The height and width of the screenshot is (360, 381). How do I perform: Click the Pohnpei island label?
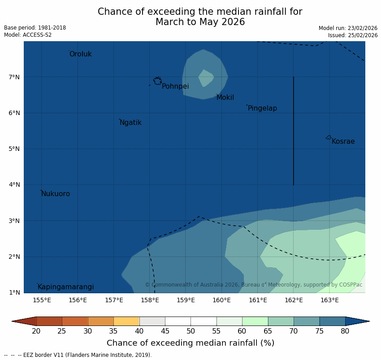[x=175, y=86]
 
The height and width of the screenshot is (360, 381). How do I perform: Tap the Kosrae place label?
[x=343, y=141]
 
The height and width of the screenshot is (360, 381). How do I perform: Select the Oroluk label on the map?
[x=81, y=54]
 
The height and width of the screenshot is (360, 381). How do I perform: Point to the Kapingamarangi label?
[x=66, y=287]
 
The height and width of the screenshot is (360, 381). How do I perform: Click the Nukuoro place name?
[x=56, y=194]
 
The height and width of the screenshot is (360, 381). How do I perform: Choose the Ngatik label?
[x=130, y=123]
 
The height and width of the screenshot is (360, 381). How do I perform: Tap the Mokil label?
[x=225, y=98]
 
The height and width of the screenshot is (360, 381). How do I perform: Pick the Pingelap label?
[x=262, y=108]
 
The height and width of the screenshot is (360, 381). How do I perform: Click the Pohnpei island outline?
[x=157, y=81]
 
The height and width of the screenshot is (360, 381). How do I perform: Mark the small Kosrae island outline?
[x=329, y=137]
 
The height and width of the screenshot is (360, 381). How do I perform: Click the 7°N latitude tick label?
[x=14, y=77]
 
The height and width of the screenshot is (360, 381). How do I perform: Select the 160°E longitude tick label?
[x=221, y=300]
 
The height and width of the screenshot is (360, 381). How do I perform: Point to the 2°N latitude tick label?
[x=14, y=257]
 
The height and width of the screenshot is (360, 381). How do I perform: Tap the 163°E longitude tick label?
[x=329, y=300]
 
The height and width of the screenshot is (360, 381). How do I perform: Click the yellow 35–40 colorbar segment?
[x=126, y=321]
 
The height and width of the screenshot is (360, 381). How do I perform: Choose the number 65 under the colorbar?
[x=268, y=331]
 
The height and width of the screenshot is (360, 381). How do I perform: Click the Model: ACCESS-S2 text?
[x=28, y=35]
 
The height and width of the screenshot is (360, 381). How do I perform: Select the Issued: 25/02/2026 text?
[x=352, y=35]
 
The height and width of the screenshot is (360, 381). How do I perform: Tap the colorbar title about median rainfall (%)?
[x=190, y=343]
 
